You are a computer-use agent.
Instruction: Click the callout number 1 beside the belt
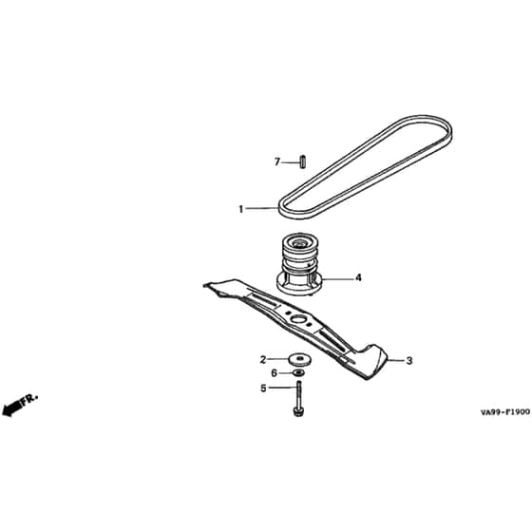pyautogui.click(x=241, y=209)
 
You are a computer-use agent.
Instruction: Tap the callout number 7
pyautogui.click(x=277, y=162)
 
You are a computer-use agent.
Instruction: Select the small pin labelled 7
pyautogui.click(x=303, y=161)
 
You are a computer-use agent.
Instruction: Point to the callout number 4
pyautogui.click(x=358, y=277)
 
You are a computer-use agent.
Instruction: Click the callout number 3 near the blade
pyautogui.click(x=409, y=361)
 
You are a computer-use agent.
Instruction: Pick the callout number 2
pyautogui.click(x=263, y=360)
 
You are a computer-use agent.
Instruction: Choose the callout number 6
pyautogui.click(x=275, y=373)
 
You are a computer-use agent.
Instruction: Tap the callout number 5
pyautogui.click(x=263, y=389)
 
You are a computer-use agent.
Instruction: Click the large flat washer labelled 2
pyautogui.click(x=299, y=360)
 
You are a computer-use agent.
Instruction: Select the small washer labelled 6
pyautogui.click(x=298, y=373)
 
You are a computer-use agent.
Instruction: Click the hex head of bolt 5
pyautogui.click(x=298, y=412)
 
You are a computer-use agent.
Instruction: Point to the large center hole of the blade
pyautogui.click(x=298, y=318)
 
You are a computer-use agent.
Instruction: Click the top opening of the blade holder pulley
pyautogui.click(x=299, y=242)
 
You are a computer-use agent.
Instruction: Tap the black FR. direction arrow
pyautogui.click(x=11, y=408)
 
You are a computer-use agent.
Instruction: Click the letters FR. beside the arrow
pyautogui.click(x=29, y=399)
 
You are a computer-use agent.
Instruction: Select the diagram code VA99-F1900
pyautogui.click(x=504, y=412)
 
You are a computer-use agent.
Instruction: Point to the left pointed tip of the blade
pyautogui.click(x=205, y=285)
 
